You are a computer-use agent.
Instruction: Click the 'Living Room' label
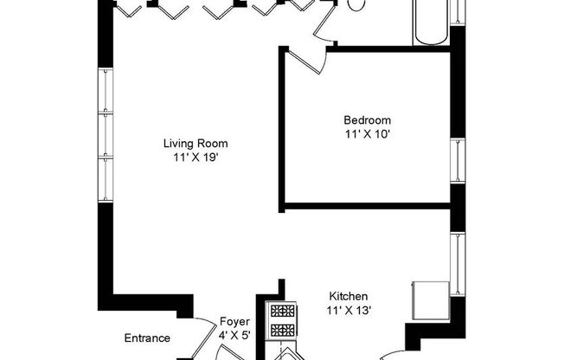point(200,144)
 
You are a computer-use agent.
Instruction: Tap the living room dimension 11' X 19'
point(200,158)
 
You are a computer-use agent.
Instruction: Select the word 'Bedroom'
point(367,120)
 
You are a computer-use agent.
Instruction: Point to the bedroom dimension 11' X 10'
point(367,134)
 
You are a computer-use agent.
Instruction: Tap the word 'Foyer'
point(234,321)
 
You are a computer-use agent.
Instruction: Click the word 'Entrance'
point(147,338)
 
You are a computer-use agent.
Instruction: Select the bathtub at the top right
point(429,22)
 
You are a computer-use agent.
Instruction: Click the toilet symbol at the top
point(356,5)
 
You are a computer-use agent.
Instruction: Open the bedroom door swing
point(304,61)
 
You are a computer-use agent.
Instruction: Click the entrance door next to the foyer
point(204,335)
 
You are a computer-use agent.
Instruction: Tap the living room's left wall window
point(106,134)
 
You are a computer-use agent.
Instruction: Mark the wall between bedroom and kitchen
point(368,206)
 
